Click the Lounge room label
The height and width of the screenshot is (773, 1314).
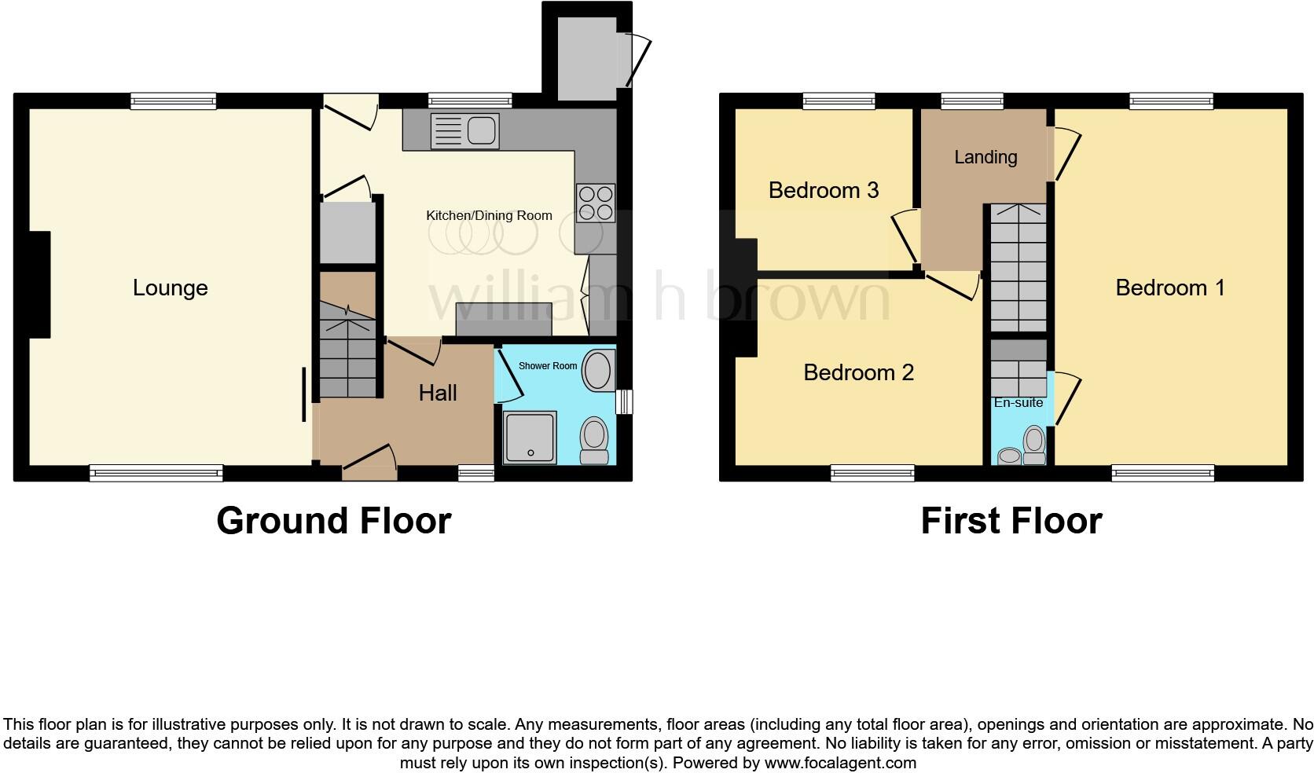click(x=170, y=288)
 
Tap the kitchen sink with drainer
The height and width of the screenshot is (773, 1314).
click(x=464, y=130)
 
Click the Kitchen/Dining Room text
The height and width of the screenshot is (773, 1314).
click(x=489, y=215)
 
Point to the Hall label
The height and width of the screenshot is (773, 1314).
click(x=437, y=393)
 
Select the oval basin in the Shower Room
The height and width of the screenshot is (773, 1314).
click(x=600, y=371)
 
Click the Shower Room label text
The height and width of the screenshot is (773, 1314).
click(x=548, y=366)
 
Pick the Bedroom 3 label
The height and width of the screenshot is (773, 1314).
click(x=823, y=190)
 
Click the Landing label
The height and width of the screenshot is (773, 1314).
click(x=985, y=157)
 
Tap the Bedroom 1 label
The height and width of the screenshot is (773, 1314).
click(x=1169, y=288)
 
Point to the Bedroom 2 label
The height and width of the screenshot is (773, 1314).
click(x=858, y=372)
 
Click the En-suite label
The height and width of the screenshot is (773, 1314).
click(x=1019, y=403)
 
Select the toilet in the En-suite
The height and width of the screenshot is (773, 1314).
click(x=1034, y=445)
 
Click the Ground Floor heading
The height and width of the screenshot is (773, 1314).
click(x=333, y=521)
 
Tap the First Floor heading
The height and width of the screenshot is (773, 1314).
click(x=1011, y=521)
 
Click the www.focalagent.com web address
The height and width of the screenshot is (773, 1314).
click(x=840, y=762)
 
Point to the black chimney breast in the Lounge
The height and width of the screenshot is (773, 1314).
click(x=39, y=284)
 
